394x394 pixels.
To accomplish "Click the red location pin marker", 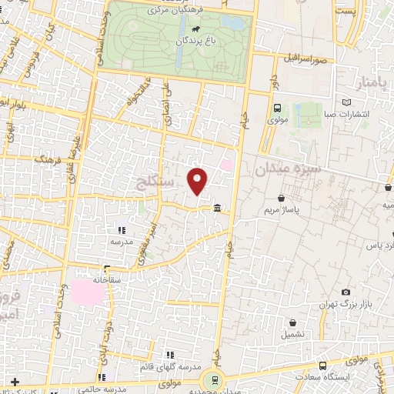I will click(x=199, y=180).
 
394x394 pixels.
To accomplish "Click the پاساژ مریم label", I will click(x=281, y=209).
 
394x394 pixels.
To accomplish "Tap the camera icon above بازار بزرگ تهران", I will click(x=347, y=292).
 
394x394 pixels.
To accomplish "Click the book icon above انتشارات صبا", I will click(x=346, y=102).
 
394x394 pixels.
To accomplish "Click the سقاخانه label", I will click(x=108, y=280).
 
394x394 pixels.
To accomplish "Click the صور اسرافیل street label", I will click(x=305, y=58).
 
